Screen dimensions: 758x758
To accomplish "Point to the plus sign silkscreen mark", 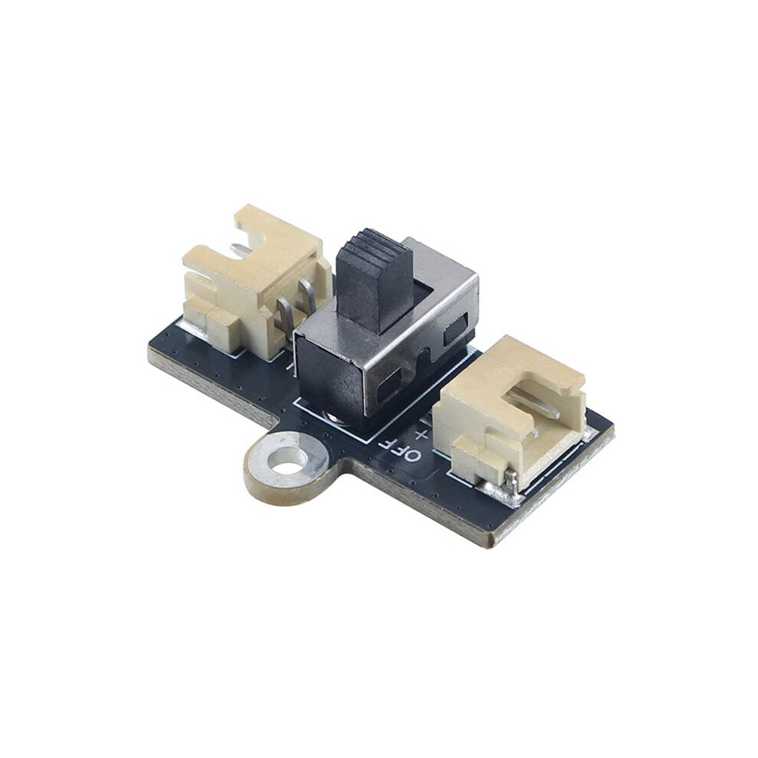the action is (x=422, y=433).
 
